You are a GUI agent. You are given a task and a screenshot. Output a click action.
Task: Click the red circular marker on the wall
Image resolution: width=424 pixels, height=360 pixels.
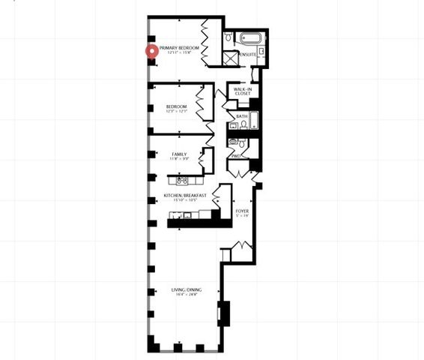pyautogui.click(x=152, y=52)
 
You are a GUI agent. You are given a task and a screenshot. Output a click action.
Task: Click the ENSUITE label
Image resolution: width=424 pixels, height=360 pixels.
pyautogui.click(x=249, y=55)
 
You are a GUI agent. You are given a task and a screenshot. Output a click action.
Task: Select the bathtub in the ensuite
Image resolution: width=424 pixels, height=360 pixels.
pyautogui.click(x=249, y=37)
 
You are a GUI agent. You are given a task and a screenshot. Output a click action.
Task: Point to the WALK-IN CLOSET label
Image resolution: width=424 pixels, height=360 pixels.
pyautogui.click(x=242, y=91)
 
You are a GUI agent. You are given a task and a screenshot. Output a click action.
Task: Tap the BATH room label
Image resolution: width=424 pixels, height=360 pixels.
pyautogui.click(x=241, y=117)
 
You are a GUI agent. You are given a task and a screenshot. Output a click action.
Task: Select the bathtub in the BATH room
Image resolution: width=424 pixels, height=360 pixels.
pyautogui.click(x=252, y=122)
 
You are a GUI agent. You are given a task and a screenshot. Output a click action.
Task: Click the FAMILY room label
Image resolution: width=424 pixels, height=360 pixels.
pyautogui.click(x=179, y=154)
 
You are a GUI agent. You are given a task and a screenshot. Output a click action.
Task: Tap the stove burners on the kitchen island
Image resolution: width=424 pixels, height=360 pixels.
pyautogui.click(x=181, y=180)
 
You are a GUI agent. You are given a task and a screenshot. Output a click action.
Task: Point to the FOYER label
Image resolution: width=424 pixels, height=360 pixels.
pyautogui.click(x=242, y=211)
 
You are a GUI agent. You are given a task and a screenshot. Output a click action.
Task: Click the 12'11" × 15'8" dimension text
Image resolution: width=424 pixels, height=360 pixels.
pyautogui.click(x=180, y=52)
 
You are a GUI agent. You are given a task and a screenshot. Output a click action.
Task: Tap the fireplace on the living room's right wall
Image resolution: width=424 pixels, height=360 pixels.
pyautogui.click(x=222, y=313)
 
